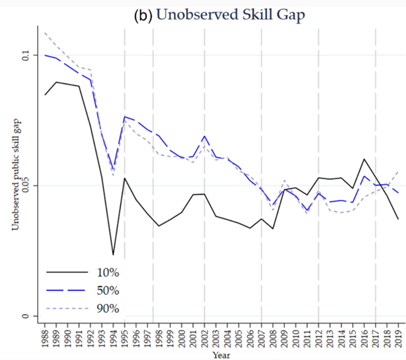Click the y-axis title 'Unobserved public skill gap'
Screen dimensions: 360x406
coord(13,185)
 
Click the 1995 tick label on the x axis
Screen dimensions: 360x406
coord(125,335)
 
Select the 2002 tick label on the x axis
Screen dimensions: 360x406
coord(205,335)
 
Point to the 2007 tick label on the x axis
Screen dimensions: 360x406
coord(262,335)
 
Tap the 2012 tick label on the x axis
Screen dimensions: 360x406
coord(318,335)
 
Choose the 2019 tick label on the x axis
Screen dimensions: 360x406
coord(398,335)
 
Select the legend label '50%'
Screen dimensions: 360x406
coord(108,291)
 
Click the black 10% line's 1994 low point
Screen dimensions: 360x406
coord(113,255)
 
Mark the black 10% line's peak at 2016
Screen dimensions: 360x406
coord(364,159)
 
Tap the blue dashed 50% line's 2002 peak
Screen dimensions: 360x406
coord(205,136)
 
